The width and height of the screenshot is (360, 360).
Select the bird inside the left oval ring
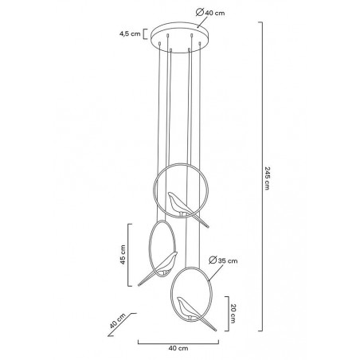coord(162,265)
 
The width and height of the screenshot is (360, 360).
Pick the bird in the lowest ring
coord(191,312)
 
